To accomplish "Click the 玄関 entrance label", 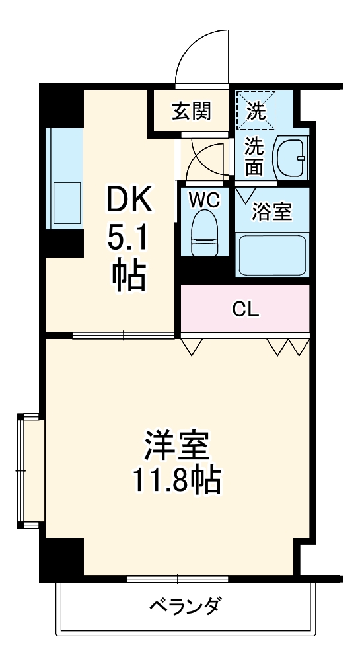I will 192,111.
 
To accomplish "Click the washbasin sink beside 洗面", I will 291,159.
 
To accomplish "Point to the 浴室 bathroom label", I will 271,212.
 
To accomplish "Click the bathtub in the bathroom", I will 271,254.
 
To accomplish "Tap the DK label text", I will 129,200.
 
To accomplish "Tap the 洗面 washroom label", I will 254,156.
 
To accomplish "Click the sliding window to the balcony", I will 177,579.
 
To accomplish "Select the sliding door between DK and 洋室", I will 124,335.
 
